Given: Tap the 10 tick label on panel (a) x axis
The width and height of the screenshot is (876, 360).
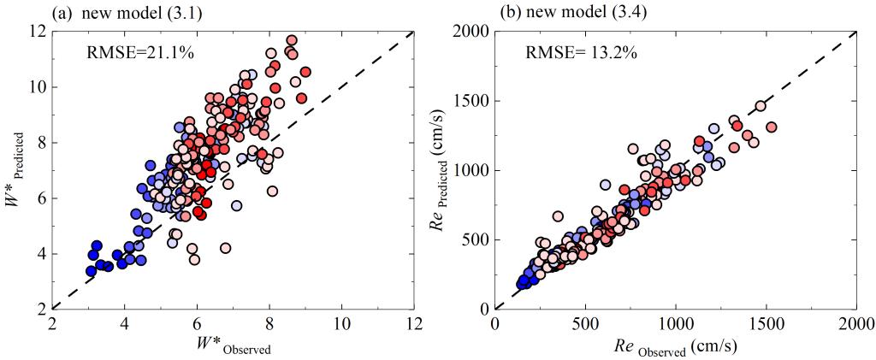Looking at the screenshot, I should (342, 326).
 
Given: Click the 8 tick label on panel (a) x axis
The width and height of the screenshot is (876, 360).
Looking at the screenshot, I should (269, 326).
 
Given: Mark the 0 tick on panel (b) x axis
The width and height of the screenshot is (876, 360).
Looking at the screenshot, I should (495, 326).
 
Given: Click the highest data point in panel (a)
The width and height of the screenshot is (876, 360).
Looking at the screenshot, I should (292, 40).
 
